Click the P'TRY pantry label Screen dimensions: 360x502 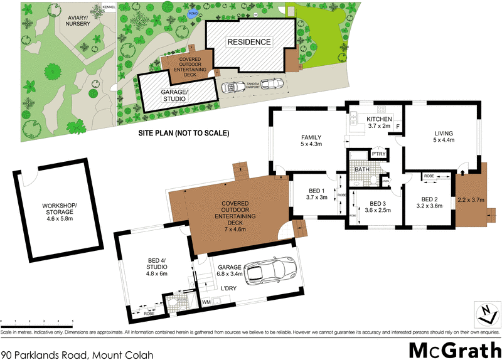pos(378,154)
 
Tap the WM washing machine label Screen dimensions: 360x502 pos(205,302)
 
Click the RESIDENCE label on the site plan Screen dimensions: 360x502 pos(248,42)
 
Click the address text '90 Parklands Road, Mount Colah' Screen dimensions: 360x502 pos(77,354)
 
